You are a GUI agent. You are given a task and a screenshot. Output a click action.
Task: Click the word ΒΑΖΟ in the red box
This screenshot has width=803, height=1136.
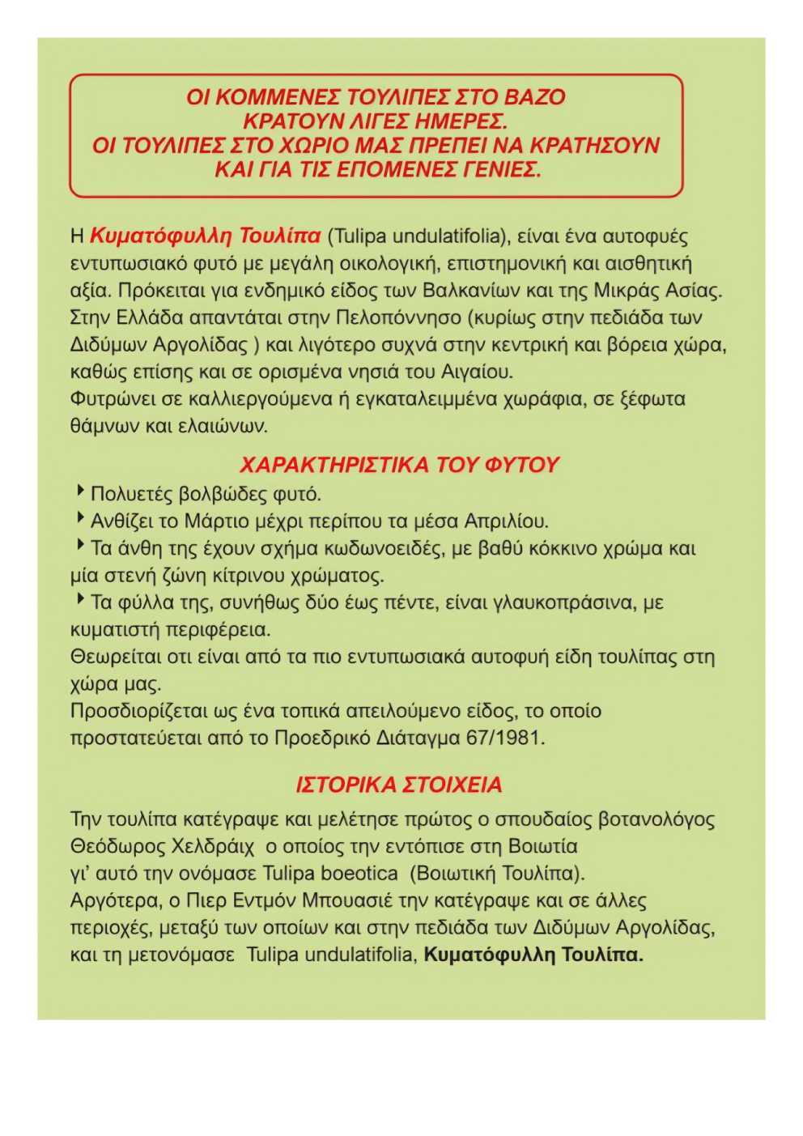click(x=534, y=97)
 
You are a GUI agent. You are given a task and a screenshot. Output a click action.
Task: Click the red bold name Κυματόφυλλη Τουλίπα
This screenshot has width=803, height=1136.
click(x=206, y=236)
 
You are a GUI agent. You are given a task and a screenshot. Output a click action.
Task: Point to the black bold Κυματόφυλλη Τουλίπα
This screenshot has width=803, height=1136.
click(x=533, y=955)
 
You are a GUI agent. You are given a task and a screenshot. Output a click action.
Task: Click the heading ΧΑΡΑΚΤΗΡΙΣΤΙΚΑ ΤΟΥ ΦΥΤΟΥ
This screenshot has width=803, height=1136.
click(x=400, y=465)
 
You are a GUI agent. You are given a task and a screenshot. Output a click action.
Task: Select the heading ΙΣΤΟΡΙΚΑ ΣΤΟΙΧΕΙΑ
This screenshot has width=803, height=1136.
click(x=399, y=785)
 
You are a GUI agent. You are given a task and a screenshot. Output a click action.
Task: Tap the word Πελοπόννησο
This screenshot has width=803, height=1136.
click(x=398, y=317)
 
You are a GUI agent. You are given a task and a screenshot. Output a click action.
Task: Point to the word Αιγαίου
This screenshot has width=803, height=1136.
click(x=478, y=372)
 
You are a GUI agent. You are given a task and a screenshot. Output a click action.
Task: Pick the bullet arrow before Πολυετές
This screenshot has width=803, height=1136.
click(x=81, y=491)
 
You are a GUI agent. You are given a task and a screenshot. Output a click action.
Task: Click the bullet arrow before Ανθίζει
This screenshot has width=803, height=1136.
click(x=81, y=517)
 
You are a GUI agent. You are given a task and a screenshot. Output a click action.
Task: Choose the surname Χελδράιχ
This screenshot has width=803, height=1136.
click(x=213, y=847)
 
